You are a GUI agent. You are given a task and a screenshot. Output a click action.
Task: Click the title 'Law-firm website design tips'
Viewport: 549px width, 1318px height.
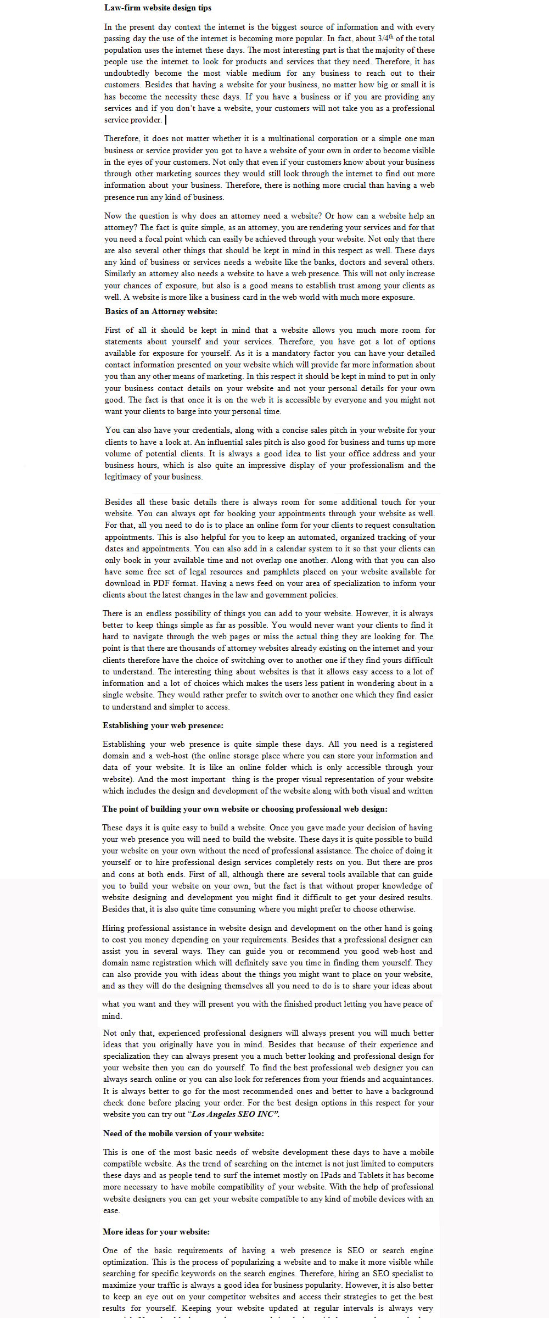click(x=158, y=8)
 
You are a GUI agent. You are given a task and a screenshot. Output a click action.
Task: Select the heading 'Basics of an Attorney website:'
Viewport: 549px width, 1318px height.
click(x=161, y=311)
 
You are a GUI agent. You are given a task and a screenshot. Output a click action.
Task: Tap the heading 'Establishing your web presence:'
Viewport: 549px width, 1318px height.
click(x=163, y=725)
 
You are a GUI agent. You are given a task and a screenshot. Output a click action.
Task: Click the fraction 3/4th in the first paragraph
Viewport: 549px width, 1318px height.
click(x=385, y=38)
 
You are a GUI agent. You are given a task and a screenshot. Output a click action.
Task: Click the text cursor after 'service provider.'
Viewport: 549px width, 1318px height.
click(x=166, y=120)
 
